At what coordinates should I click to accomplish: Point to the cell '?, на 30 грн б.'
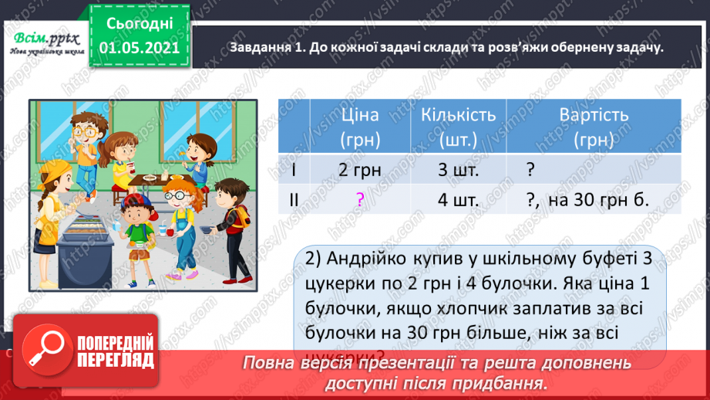click(x=587, y=200)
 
